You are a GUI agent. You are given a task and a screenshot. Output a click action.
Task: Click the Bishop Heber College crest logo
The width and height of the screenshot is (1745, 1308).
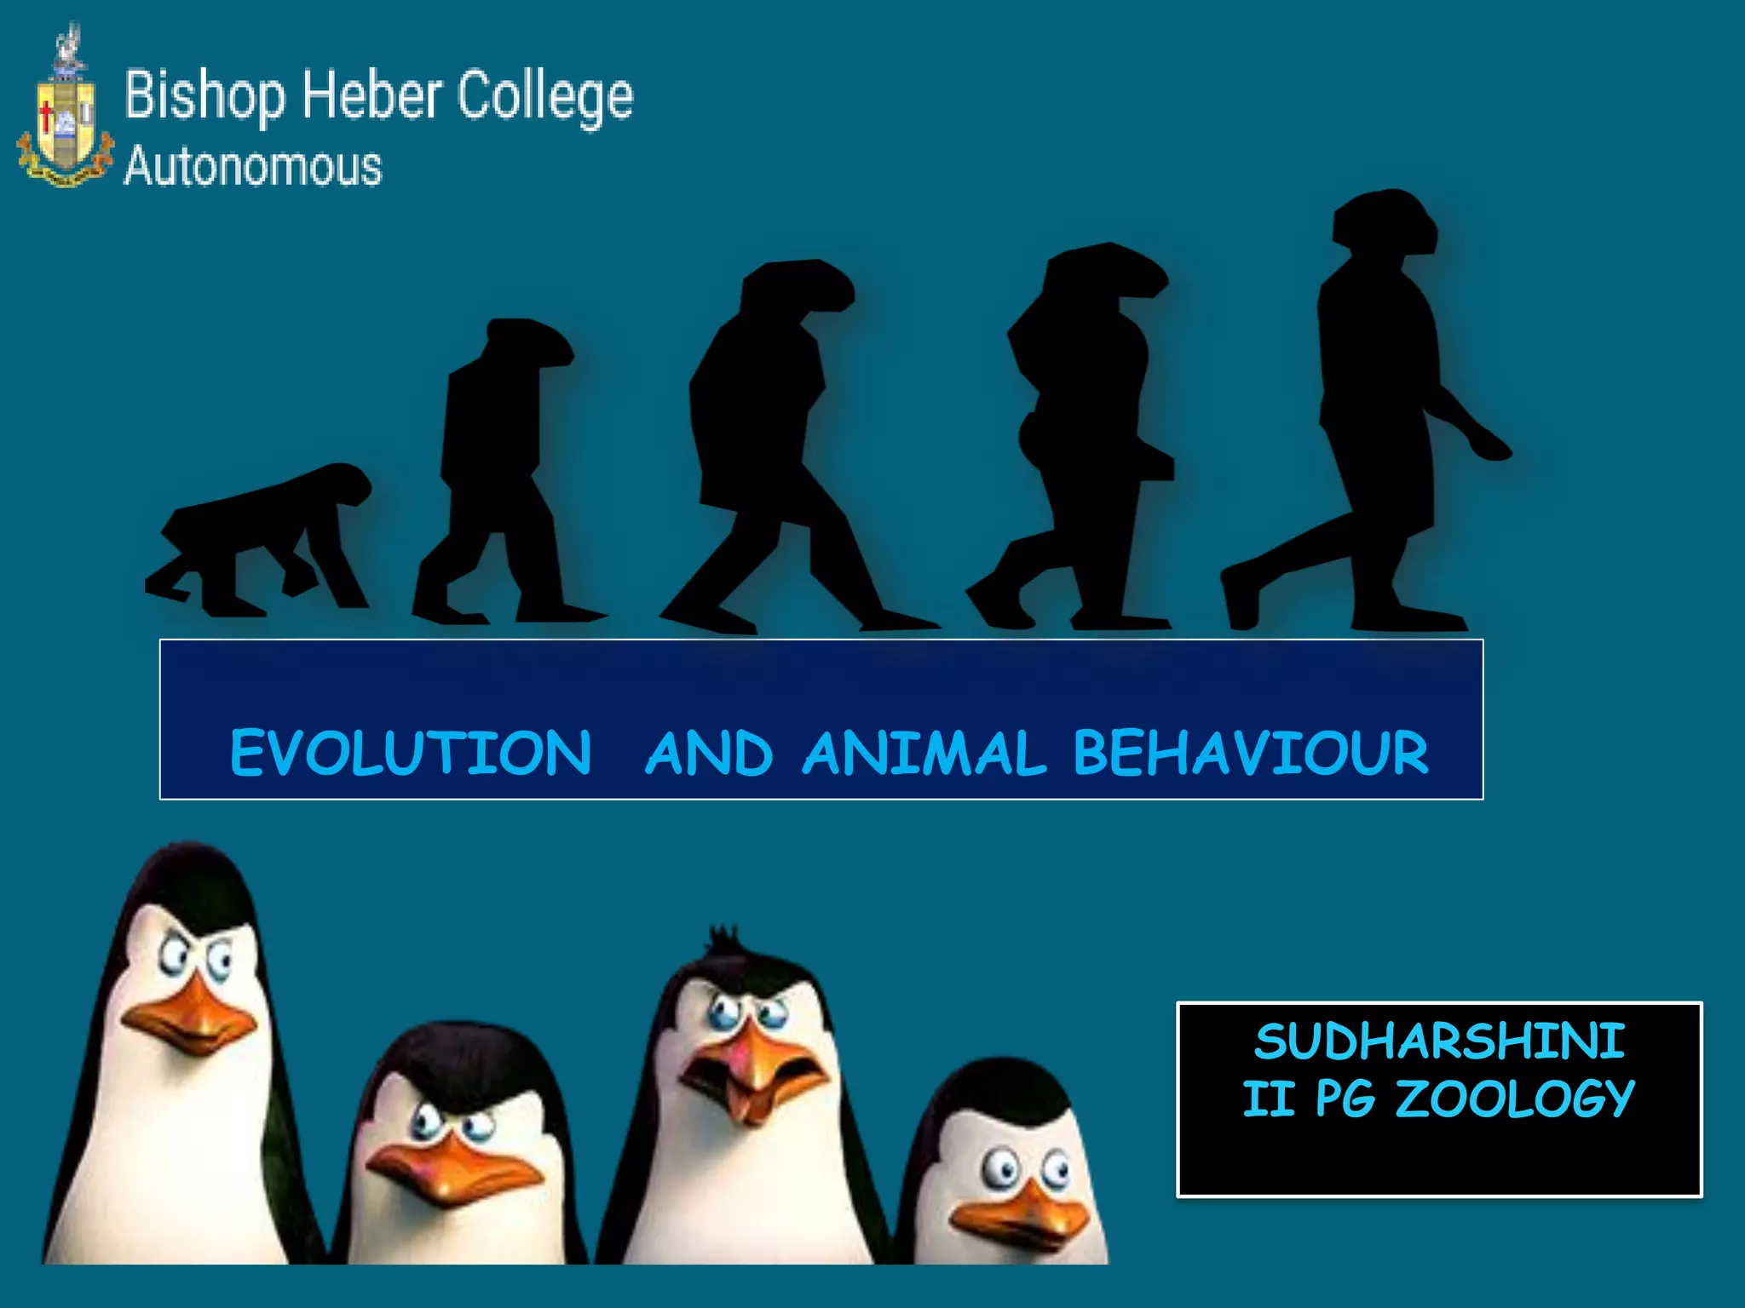click(65, 111)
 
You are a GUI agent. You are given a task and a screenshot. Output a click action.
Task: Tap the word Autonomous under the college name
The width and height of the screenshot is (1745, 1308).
click(253, 166)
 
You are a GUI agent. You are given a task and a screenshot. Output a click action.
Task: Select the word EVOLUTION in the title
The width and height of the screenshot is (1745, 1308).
click(411, 753)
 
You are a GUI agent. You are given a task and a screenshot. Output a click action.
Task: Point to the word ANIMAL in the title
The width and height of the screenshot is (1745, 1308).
click(924, 753)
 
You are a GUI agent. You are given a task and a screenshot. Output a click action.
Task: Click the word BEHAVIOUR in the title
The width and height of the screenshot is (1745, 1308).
click(1251, 753)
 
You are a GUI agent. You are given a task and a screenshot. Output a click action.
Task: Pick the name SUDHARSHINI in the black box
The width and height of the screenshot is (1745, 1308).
click(1439, 1041)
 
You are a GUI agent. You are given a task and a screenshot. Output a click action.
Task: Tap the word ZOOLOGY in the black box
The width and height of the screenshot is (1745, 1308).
click(1515, 1099)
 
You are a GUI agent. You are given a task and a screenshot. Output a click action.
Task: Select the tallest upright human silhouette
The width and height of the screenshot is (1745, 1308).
click(1372, 409)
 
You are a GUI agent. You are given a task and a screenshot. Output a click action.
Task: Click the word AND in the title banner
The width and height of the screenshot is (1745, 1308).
click(709, 753)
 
